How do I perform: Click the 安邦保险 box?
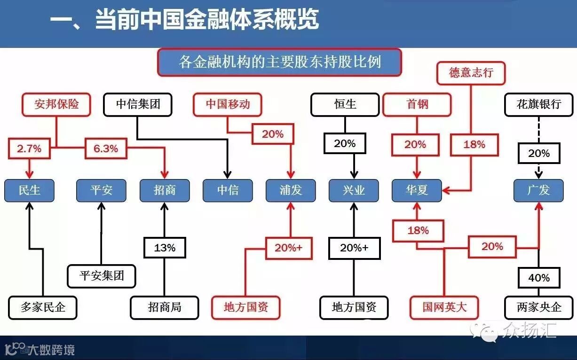[x=56, y=104]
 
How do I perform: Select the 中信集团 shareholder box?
[x=138, y=104]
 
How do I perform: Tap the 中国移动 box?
[x=228, y=104]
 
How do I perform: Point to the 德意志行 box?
[x=471, y=73]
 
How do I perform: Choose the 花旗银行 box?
[x=539, y=104]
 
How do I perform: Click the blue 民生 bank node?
[x=29, y=190]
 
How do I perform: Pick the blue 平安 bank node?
[x=102, y=190]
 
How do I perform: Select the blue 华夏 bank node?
[x=417, y=190]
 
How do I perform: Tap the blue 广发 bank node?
[x=538, y=190]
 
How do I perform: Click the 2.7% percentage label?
[x=29, y=149]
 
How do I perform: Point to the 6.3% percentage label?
[x=106, y=149]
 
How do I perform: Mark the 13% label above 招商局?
[x=165, y=248]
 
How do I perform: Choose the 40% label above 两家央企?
[x=539, y=277]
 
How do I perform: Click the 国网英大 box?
[x=444, y=308]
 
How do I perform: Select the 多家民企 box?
[x=43, y=308]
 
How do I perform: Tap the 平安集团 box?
[x=102, y=276]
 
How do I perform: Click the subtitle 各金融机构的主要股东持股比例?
[x=279, y=62]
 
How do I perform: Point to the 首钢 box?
[x=417, y=104]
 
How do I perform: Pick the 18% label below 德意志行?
[x=474, y=144]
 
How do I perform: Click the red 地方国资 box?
[x=246, y=308]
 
